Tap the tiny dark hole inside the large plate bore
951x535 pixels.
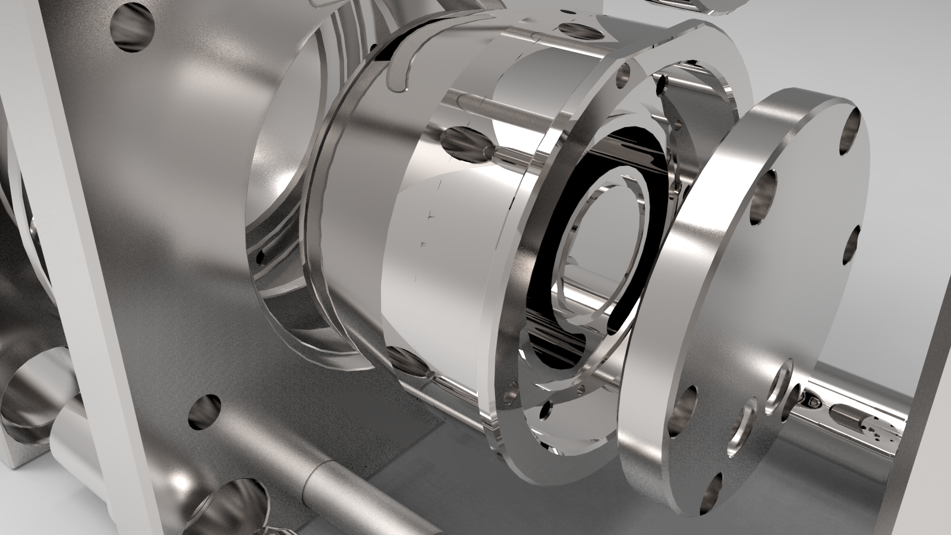[x=260, y=257]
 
